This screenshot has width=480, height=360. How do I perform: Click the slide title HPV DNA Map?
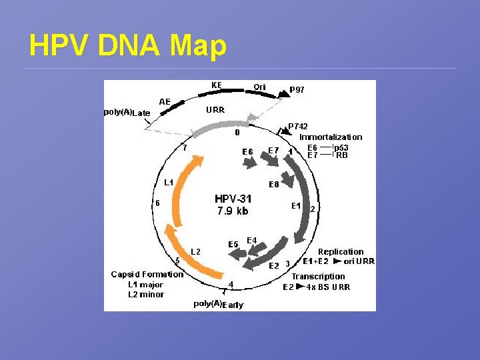click(128, 45)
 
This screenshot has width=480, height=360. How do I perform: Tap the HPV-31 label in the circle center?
click(233, 199)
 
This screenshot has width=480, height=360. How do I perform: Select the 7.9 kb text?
click(233, 211)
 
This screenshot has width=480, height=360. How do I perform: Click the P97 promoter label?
click(297, 89)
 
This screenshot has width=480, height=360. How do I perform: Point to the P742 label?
click(299, 126)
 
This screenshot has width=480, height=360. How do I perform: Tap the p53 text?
click(341, 147)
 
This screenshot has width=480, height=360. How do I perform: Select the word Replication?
click(341, 251)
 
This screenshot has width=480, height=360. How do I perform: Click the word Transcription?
click(319, 276)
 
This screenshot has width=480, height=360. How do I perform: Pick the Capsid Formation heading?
click(147, 274)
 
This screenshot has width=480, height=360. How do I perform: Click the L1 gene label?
click(169, 182)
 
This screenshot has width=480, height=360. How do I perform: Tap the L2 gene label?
click(196, 251)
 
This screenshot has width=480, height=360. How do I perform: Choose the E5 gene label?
click(233, 244)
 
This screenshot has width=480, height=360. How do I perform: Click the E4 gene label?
click(252, 239)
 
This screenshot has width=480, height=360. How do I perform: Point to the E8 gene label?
click(273, 184)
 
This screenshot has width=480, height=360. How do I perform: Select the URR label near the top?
click(215, 109)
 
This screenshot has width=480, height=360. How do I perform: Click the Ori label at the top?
click(259, 87)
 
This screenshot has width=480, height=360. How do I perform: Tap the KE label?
click(216, 85)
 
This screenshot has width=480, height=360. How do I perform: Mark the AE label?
click(165, 101)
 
